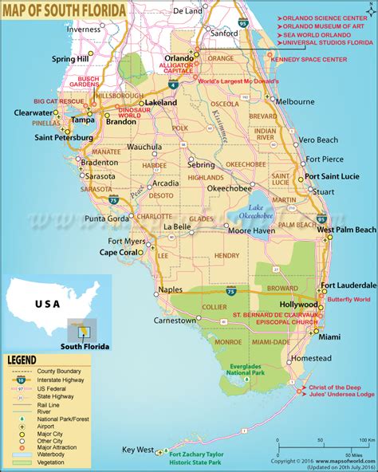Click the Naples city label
170,290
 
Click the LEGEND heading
24,360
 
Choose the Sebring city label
201,165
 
